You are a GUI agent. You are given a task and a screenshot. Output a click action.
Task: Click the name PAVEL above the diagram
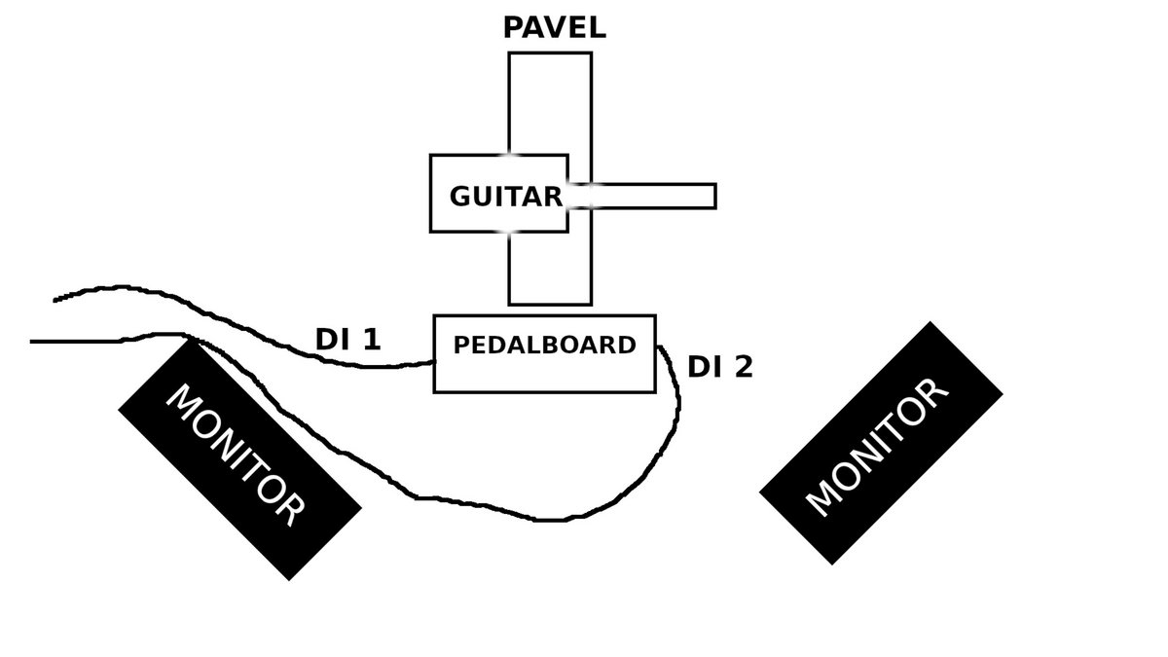554,27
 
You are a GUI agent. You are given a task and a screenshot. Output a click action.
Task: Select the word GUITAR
505,197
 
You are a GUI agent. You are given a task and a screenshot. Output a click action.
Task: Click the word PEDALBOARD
544,345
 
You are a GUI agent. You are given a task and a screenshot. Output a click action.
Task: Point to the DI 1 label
347,340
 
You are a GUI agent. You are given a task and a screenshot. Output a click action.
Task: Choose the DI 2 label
719,367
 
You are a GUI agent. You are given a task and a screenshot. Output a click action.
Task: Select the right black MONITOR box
881,443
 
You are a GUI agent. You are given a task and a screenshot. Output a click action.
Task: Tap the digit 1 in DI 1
371,340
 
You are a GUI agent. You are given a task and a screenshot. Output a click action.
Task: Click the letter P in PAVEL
513,27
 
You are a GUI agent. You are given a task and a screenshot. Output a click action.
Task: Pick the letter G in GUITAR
459,197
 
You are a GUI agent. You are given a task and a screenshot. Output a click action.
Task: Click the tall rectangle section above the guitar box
550,102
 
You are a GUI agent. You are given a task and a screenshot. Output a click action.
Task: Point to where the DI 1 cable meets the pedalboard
433,362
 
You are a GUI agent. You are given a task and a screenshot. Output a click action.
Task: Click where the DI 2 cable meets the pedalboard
657,347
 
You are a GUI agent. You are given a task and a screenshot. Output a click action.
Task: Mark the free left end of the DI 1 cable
55,298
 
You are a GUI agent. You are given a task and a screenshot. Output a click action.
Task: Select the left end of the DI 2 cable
32,342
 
